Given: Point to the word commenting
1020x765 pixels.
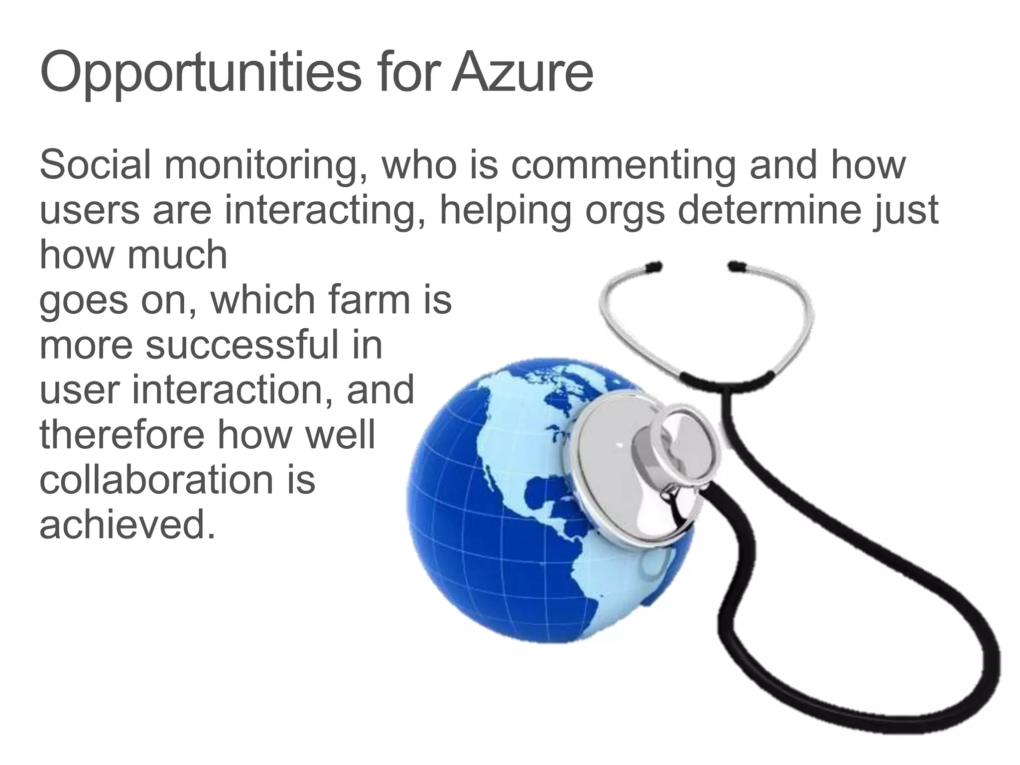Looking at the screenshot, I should [623, 165].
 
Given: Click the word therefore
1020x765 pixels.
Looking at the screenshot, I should [122, 434].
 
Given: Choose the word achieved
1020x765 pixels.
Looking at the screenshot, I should [127, 524].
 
